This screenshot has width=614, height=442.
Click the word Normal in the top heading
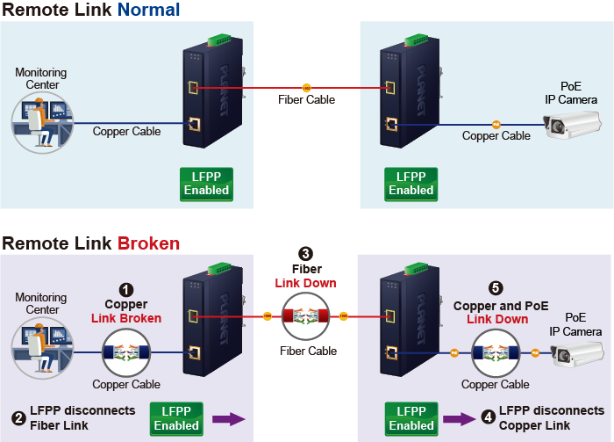(x=148, y=11)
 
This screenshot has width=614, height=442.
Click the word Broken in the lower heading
(x=149, y=243)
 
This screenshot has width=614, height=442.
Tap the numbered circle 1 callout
(x=126, y=289)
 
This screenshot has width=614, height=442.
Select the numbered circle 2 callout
(x=18, y=418)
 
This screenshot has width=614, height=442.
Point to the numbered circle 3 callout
(x=305, y=254)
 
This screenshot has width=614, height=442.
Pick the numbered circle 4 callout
(x=488, y=418)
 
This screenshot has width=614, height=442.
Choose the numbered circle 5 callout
(x=496, y=287)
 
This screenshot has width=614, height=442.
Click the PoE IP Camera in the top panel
(x=570, y=128)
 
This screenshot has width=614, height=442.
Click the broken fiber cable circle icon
(x=306, y=315)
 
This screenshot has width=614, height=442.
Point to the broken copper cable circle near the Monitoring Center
(x=127, y=353)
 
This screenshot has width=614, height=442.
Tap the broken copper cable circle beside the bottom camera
(x=496, y=353)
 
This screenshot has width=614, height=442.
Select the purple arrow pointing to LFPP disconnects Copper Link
(x=457, y=419)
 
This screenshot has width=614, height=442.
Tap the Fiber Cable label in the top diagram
(x=306, y=100)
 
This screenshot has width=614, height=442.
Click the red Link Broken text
(x=126, y=317)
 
